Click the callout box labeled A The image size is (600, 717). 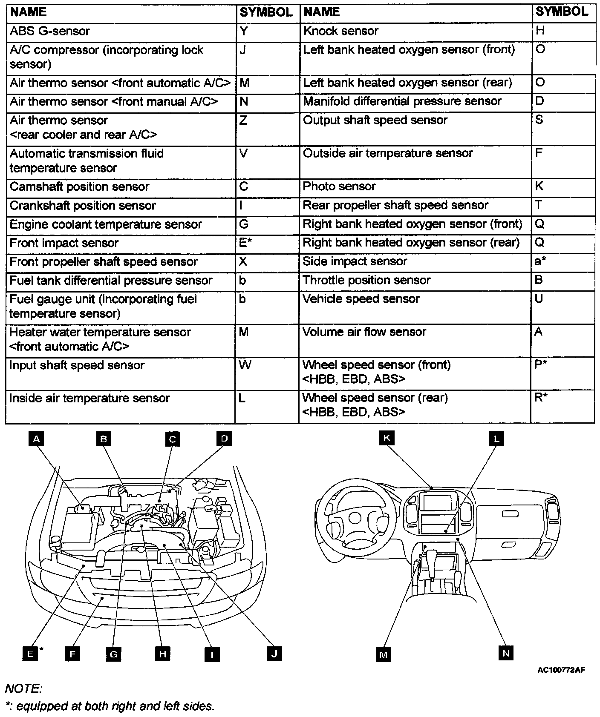pos(37,439)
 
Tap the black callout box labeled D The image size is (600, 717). pos(224,438)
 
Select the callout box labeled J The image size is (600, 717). pos(274,653)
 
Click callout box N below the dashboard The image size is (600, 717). pos(505,653)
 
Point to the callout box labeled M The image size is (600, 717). pos(383,654)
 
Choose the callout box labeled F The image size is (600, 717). pos(72,653)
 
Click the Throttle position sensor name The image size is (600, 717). pos(366,280)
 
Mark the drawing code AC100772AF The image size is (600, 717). pos(561,670)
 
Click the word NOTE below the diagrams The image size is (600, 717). pos(23,688)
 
